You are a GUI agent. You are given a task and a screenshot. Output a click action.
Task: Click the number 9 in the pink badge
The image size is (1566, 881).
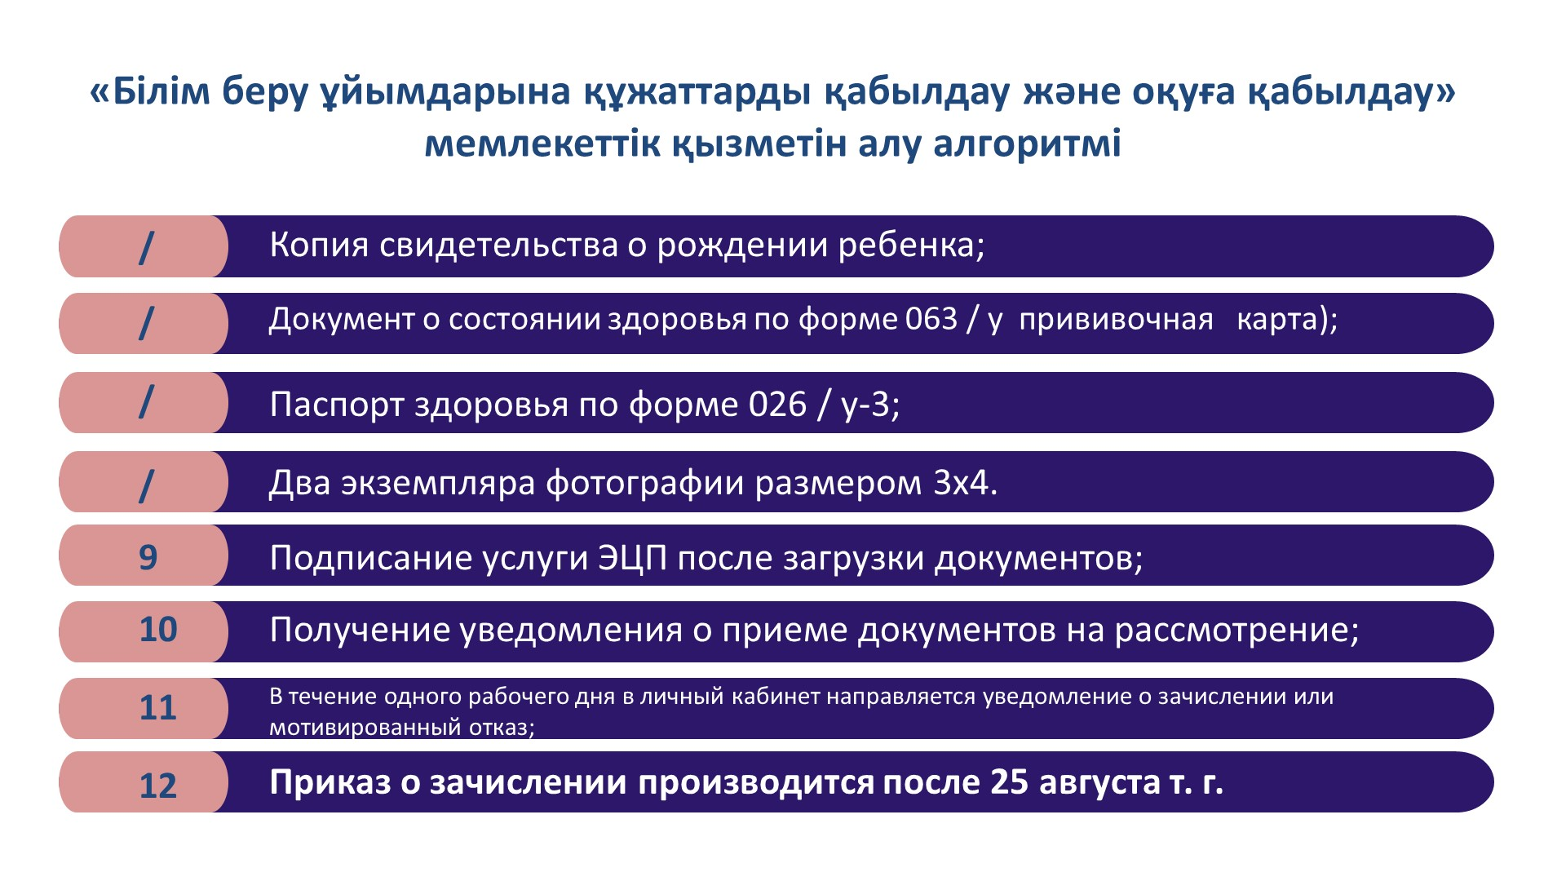click(x=148, y=557)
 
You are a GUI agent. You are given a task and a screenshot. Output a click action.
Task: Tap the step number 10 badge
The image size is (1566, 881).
click(x=158, y=630)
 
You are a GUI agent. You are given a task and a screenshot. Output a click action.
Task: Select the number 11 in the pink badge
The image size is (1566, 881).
click(x=158, y=708)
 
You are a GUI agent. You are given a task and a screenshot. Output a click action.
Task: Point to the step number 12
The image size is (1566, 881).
click(x=158, y=786)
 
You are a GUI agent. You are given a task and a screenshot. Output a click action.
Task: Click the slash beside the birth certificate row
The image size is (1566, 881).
click(x=146, y=247)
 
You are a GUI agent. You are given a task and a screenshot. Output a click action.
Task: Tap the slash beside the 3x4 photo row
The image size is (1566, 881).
click(x=146, y=486)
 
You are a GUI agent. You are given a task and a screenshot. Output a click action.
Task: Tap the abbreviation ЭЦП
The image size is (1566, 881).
click(x=633, y=558)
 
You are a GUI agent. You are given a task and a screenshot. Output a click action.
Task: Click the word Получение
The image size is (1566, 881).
click(x=361, y=630)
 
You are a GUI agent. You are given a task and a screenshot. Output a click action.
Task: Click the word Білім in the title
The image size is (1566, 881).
click(x=161, y=91)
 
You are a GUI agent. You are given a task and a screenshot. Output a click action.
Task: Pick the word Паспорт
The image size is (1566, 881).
click(x=337, y=405)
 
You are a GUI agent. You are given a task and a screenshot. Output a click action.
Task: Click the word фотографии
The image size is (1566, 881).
click(x=645, y=483)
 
